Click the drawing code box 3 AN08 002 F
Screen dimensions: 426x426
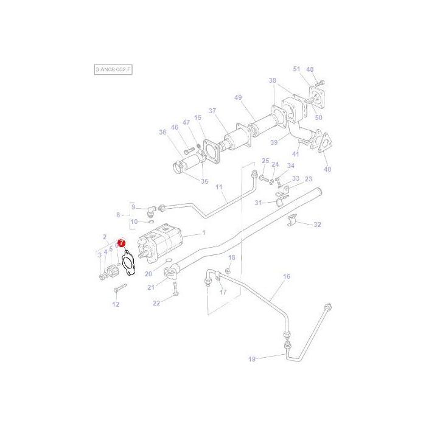(x=113, y=70)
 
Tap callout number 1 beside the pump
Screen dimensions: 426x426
(x=204, y=233)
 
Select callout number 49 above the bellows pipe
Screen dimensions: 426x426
(x=238, y=98)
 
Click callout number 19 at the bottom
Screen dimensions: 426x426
(x=252, y=359)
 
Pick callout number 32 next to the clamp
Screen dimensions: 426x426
(x=317, y=225)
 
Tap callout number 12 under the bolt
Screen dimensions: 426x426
(x=116, y=304)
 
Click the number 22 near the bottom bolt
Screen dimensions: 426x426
(x=156, y=303)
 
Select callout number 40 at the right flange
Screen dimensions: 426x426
(x=328, y=169)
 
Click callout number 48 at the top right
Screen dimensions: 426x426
(x=310, y=69)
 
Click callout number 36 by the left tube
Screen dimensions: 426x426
(x=162, y=132)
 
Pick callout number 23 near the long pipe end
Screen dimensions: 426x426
(x=309, y=179)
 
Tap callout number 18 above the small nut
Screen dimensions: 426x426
(x=231, y=258)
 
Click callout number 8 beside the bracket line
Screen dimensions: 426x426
(x=119, y=214)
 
